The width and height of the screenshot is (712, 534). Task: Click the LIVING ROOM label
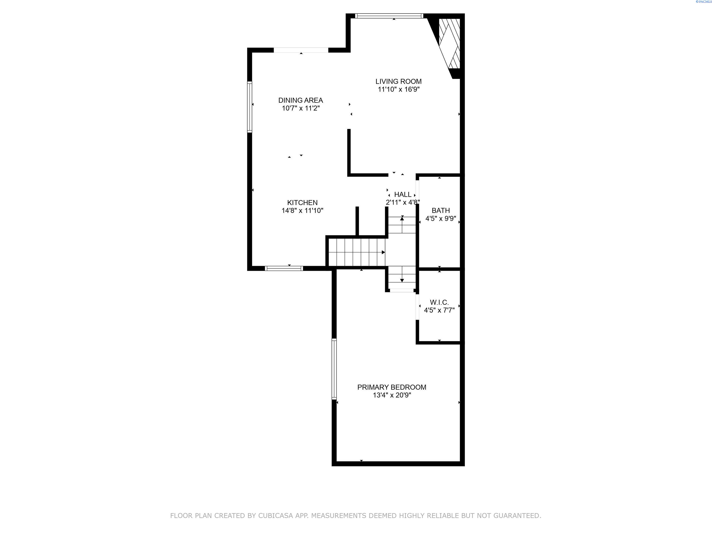click(398, 81)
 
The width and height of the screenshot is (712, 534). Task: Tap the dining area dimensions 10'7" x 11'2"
click(301, 108)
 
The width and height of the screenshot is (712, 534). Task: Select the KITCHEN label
click(302, 202)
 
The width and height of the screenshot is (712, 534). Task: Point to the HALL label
click(403, 194)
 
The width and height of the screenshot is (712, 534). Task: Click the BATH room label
click(441, 211)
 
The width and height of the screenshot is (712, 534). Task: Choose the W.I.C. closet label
click(439, 302)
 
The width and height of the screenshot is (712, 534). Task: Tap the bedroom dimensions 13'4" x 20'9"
click(392, 395)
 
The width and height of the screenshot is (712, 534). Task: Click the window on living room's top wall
click(389, 16)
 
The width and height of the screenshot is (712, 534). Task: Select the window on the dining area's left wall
click(249, 107)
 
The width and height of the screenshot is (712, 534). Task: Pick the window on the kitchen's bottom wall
click(284, 268)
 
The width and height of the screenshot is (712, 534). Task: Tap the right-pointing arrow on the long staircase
click(383, 252)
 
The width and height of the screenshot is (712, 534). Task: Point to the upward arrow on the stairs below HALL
click(402, 219)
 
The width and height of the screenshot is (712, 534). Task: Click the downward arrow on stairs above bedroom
click(402, 280)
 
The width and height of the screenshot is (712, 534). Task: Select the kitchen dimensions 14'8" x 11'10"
click(302, 211)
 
